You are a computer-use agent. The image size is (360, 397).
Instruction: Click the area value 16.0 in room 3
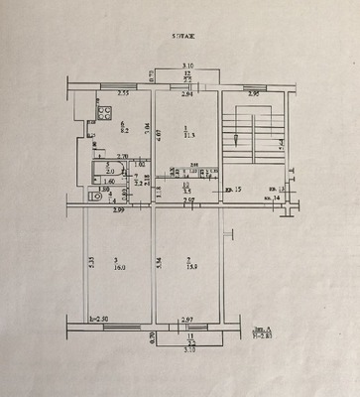point(117,267)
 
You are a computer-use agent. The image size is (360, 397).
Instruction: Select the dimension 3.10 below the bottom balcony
point(187,351)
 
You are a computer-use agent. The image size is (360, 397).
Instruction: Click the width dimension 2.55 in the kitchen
point(123,94)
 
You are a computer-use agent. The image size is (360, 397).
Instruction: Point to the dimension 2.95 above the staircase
point(254,94)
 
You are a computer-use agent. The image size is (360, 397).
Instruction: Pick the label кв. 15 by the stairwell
point(234,189)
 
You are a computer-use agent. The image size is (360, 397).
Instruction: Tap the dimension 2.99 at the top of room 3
point(118,209)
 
